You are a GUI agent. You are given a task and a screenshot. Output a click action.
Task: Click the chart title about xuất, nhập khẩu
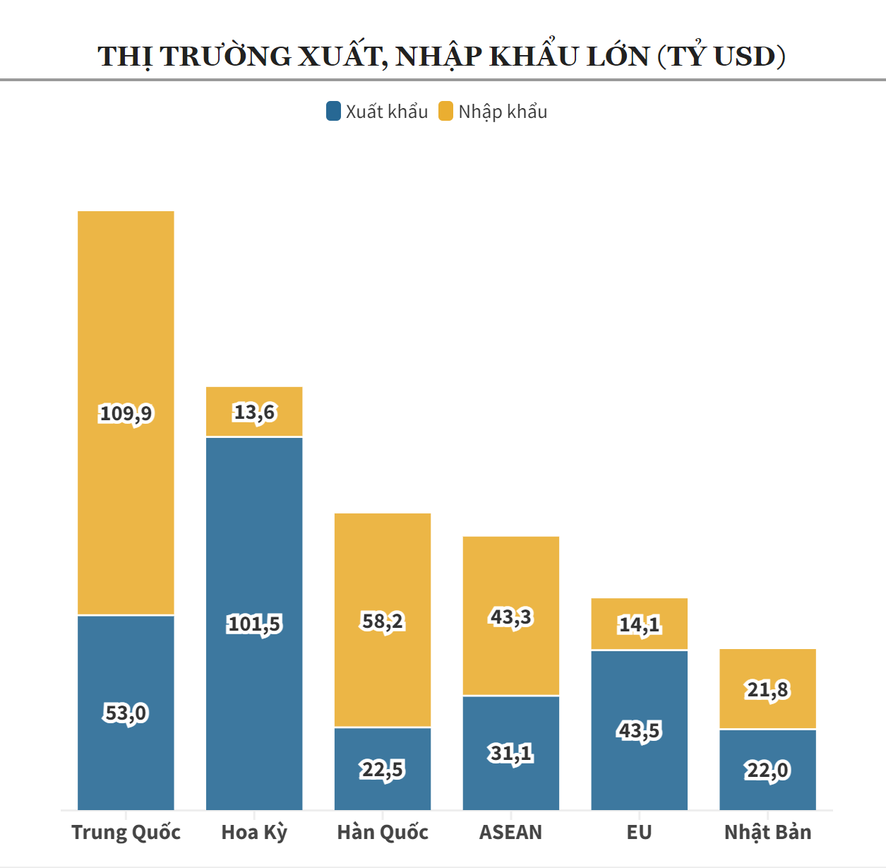pyautogui.click(x=442, y=57)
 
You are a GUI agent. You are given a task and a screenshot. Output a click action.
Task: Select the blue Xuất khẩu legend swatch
pyautogui.click(x=333, y=111)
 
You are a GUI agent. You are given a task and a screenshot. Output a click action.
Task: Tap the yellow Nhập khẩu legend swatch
pyautogui.click(x=445, y=111)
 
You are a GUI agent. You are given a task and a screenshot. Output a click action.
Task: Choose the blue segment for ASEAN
pyautogui.click(x=511, y=784)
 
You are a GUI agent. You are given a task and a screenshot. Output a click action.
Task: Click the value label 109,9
pyautogui.click(x=126, y=413)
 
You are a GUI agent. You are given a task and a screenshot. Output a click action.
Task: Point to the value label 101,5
pyautogui.click(x=254, y=624)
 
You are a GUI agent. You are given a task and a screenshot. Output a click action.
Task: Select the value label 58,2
pyautogui.click(x=383, y=622)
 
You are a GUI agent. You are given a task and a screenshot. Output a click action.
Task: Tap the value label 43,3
pyautogui.click(x=511, y=617)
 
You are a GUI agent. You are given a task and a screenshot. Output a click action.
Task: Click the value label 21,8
pyautogui.click(x=768, y=689)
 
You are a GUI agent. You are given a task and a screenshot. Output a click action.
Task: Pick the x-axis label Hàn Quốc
pyautogui.click(x=383, y=832)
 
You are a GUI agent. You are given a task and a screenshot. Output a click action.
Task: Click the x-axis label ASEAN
pyautogui.click(x=511, y=832)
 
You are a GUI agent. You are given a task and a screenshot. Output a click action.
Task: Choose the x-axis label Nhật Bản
pyautogui.click(x=768, y=832)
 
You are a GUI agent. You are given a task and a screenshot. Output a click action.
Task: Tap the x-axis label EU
pyautogui.click(x=640, y=832)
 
